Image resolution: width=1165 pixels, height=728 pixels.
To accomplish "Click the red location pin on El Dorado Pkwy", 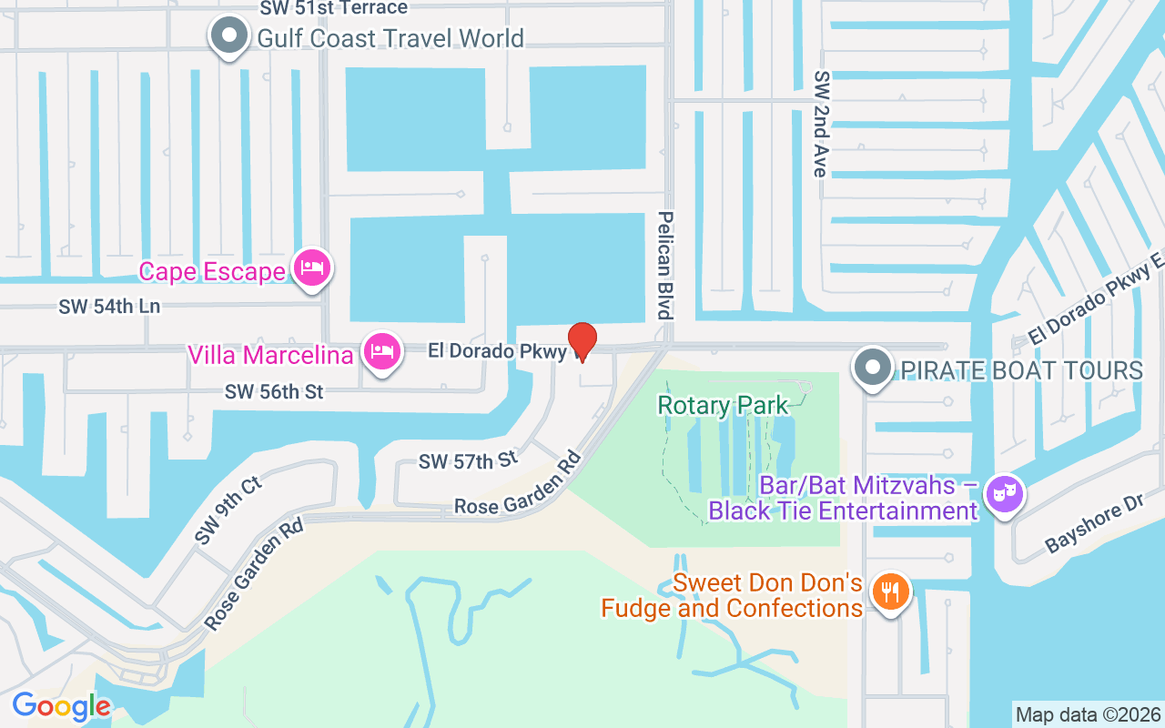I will pos(582,341).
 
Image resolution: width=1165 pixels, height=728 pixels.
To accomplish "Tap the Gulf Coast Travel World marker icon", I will pos(228,37).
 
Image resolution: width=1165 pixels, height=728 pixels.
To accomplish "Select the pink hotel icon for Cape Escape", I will pos(312,268).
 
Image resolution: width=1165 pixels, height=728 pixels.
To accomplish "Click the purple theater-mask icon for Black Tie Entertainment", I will pos(1005,495).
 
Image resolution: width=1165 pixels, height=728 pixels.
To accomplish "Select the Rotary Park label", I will pos(724,404).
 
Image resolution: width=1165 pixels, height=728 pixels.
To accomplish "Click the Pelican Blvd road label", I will pos(665,265).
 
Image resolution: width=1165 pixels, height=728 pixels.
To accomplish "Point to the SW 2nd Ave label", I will pos(821,124).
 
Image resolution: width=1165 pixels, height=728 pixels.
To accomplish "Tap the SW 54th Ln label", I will pos(109,307).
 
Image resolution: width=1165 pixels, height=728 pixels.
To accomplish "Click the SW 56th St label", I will pos(275,391).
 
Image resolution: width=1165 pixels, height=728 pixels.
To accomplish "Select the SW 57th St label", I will pos(468,460).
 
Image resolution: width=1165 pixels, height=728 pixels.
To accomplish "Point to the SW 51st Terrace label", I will pos(333,8).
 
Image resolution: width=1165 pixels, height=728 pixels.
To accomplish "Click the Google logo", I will pos(61,706).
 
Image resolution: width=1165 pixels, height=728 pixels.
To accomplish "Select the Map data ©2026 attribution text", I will pos(1088,714).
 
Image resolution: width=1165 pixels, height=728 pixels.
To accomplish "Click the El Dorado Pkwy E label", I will pos(1097,298).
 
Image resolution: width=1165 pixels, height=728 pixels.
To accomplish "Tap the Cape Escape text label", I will pos(212,271).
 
